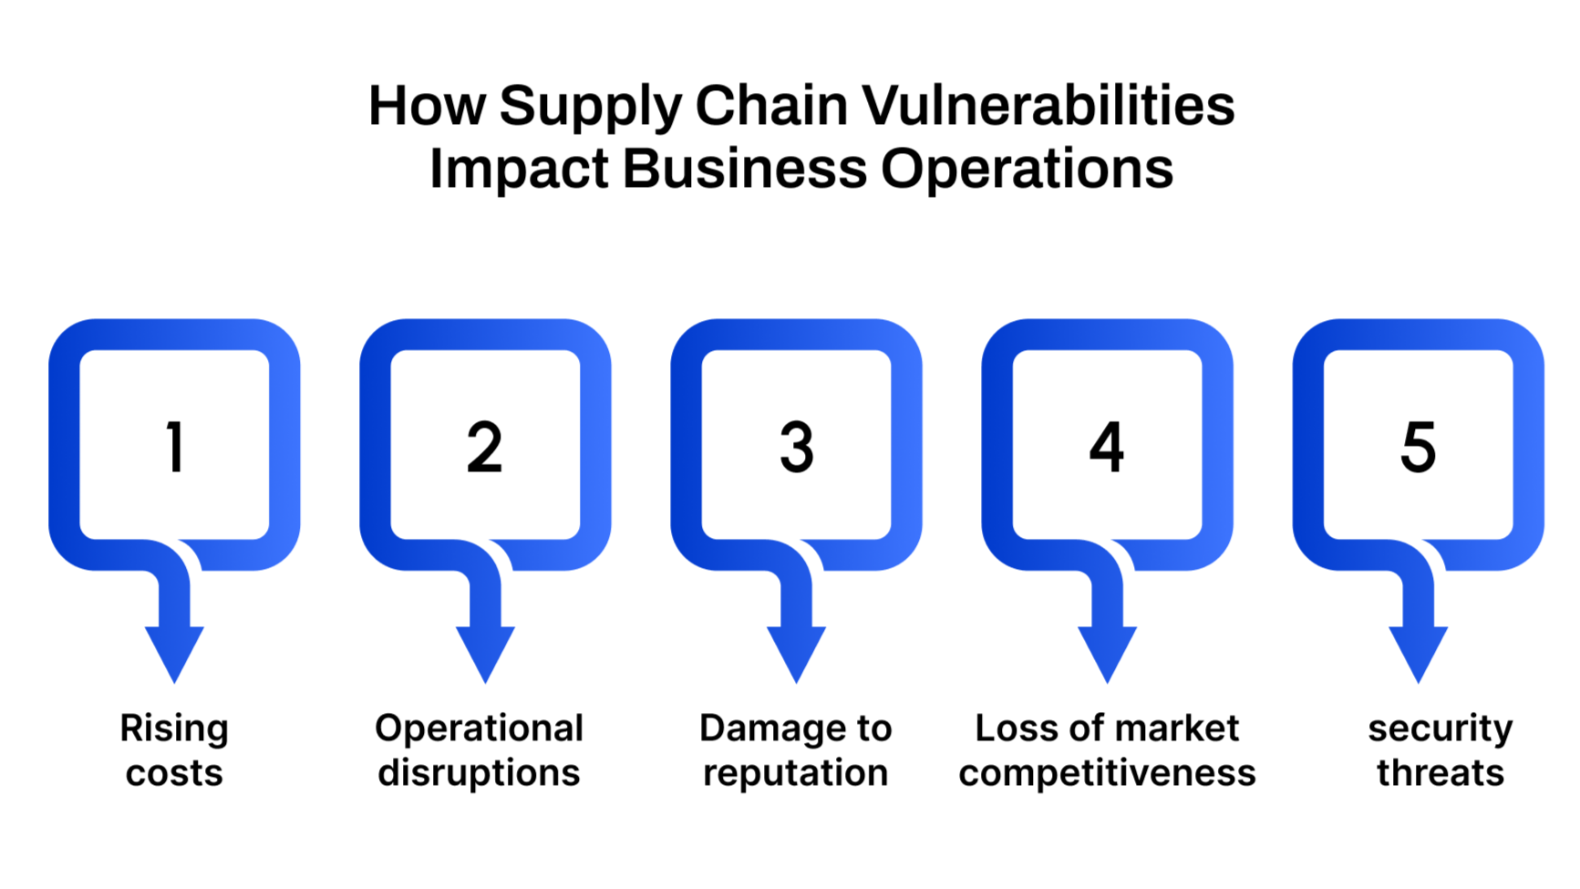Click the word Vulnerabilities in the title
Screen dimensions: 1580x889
pyautogui.click(x=1048, y=106)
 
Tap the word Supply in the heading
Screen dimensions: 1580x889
pyautogui.click(x=590, y=108)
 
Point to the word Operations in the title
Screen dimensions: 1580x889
pyautogui.click(x=1027, y=171)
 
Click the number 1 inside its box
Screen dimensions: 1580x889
pyautogui.click(x=175, y=447)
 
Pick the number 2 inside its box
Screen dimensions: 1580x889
pyautogui.click(x=485, y=447)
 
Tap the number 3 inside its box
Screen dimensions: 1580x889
pyautogui.click(x=797, y=447)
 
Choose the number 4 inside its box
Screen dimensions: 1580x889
pyautogui.click(x=1107, y=447)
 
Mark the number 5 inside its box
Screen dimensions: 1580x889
pyautogui.click(x=1419, y=447)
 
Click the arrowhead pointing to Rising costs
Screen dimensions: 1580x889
pyautogui.click(x=174, y=651)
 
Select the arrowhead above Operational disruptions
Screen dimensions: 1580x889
pyautogui.click(x=485, y=651)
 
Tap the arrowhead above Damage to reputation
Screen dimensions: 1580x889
pyautogui.click(x=796, y=651)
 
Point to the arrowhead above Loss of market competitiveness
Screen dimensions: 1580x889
pyautogui.click(x=1107, y=651)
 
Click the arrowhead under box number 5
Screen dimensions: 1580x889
pyautogui.click(x=1418, y=651)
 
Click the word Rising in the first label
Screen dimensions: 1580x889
pyautogui.click(x=174, y=729)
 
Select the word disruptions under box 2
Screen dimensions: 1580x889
pyautogui.click(x=479, y=772)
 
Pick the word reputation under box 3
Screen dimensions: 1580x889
pyautogui.click(x=795, y=773)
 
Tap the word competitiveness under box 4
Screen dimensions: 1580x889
pyautogui.click(x=1107, y=773)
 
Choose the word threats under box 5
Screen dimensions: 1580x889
pyautogui.click(x=1440, y=772)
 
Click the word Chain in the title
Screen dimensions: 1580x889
pyautogui.click(x=771, y=106)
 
